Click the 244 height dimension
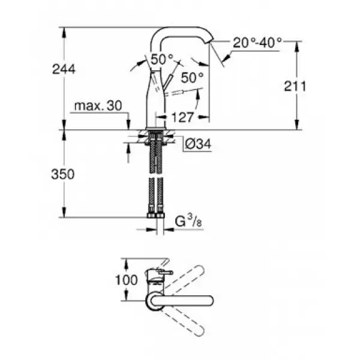64,69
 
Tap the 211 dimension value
295,86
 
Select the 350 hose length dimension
62,174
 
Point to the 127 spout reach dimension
182,118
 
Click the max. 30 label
98,106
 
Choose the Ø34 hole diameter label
198,144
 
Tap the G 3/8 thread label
188,221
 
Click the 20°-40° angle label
257,43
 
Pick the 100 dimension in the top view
126,280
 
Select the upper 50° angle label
161,59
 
